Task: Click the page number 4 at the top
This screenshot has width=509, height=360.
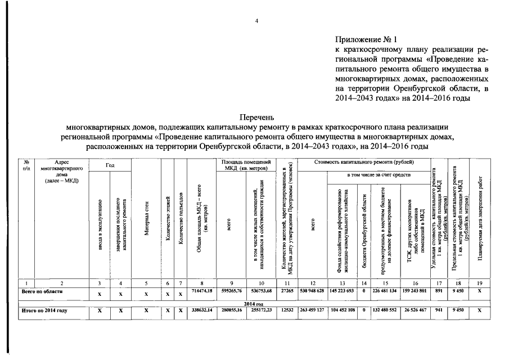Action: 256,21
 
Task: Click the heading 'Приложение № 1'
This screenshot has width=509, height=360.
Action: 366,40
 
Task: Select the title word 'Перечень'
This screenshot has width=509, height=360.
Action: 256,118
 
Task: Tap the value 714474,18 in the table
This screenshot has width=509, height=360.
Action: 201,292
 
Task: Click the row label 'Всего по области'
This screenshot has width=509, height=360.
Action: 42,291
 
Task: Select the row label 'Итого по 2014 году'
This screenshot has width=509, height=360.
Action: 44,310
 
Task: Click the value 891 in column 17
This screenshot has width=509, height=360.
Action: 439,292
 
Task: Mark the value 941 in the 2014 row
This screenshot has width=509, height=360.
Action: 439,310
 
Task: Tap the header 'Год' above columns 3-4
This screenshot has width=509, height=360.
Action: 110,166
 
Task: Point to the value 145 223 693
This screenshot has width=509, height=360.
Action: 343,292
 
